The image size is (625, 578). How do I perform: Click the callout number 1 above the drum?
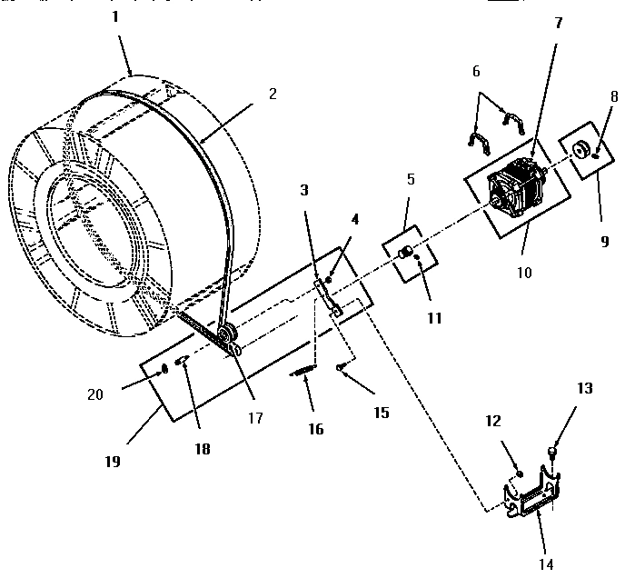click(x=114, y=16)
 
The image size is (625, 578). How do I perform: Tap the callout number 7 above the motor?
click(x=559, y=23)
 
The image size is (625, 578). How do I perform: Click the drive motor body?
click(x=515, y=192)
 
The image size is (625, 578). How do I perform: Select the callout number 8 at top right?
click(x=615, y=95)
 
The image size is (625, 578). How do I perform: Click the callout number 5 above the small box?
click(x=410, y=180)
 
